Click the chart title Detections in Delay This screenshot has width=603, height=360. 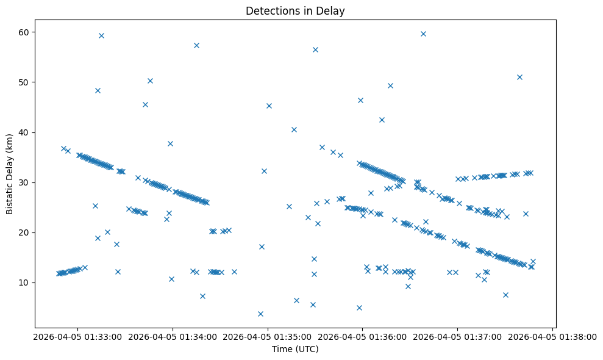[294, 10]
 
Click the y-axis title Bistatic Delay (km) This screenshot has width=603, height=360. [10, 173]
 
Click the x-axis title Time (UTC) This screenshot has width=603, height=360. [294, 350]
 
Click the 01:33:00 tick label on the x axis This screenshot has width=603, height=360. [77, 336]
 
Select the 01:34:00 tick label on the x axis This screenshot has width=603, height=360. [173, 336]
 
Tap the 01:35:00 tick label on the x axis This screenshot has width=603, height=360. [268, 336]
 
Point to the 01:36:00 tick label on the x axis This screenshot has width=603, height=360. [363, 336]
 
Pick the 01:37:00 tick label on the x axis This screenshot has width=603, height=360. [458, 336]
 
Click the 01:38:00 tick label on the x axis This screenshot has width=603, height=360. [553, 336]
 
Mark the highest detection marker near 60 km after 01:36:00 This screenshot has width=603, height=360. [423, 34]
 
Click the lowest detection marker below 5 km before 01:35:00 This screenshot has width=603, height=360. [260, 314]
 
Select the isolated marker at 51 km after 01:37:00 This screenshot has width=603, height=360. [519, 77]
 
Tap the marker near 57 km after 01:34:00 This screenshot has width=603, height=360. [196, 45]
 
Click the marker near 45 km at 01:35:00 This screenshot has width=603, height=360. [269, 106]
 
